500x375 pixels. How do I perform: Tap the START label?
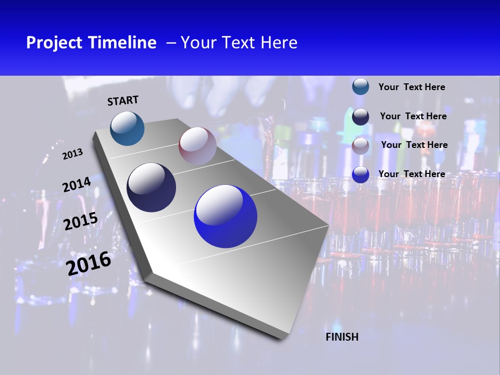click(123, 101)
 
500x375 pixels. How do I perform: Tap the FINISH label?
click(342, 337)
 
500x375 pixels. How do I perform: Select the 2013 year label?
click(73, 154)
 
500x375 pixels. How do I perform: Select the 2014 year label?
click(77, 185)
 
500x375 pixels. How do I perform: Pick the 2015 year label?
click(81, 222)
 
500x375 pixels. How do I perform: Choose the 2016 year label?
click(89, 264)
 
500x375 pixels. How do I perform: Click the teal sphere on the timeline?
click(127, 128)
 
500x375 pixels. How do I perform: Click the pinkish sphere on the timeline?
click(197, 146)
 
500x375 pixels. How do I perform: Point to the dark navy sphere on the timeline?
click(152, 187)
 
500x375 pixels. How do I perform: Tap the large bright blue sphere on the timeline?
click(226, 217)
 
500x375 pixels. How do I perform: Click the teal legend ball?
click(360, 87)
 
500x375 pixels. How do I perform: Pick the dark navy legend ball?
click(360, 117)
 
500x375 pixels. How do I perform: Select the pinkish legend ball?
click(360, 146)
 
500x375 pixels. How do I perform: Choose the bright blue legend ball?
click(360, 174)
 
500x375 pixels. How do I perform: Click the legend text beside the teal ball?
click(411, 87)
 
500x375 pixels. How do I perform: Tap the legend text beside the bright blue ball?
click(411, 174)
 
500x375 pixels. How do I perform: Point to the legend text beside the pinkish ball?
click(414, 145)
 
